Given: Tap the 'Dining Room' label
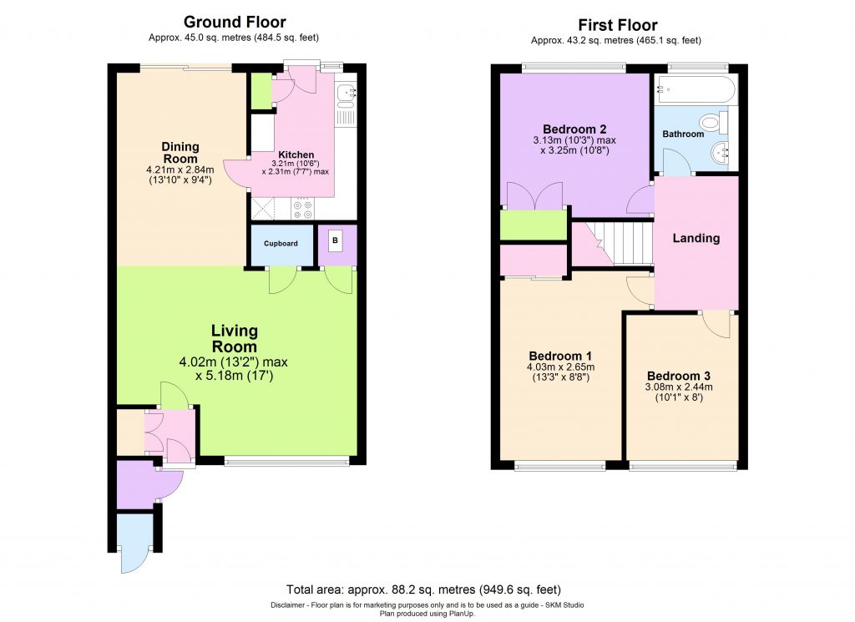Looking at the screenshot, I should coord(180,153).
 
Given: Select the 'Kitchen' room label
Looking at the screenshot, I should coord(296,154).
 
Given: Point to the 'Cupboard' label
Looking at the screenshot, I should coord(281,244).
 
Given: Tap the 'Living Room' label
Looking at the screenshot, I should coord(234,339).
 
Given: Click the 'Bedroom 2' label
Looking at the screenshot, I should coord(574,129).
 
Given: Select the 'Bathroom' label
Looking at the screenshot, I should coord(683,134).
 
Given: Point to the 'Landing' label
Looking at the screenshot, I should coord(696,238).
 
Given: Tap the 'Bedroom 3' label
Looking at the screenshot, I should coord(678,375).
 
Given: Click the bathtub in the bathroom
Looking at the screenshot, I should coord(696,88).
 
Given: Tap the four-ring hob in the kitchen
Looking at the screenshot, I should coord(302,208).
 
